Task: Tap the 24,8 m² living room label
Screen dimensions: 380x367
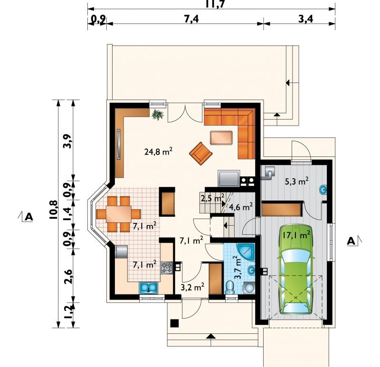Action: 158,152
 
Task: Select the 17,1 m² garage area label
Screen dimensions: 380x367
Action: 296,235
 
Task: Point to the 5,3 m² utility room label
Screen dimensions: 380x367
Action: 296,181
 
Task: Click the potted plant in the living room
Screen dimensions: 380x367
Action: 158,114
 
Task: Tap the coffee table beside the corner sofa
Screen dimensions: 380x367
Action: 221,138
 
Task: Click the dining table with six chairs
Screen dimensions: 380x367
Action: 118,214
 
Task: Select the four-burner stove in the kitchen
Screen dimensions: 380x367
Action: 167,268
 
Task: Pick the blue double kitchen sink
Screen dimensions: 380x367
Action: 149,288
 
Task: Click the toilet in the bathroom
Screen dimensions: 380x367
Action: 229,287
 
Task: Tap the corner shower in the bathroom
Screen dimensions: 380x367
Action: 246,252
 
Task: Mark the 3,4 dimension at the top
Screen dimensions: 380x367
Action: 305,18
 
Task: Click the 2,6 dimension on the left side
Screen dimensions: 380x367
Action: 68,276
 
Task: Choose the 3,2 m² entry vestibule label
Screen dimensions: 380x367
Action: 193,287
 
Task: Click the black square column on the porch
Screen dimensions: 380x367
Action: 175,323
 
